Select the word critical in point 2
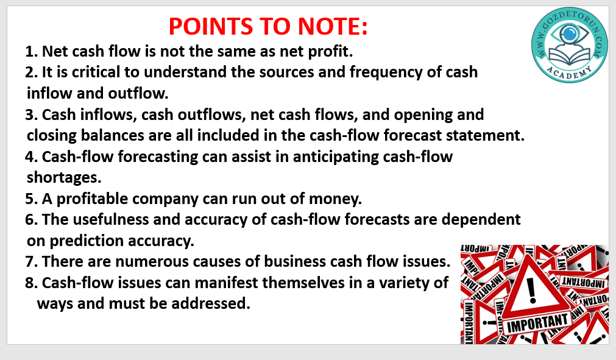click(x=96, y=72)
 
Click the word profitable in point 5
click(x=93, y=199)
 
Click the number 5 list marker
click(x=30, y=199)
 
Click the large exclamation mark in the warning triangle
click(x=531, y=290)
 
